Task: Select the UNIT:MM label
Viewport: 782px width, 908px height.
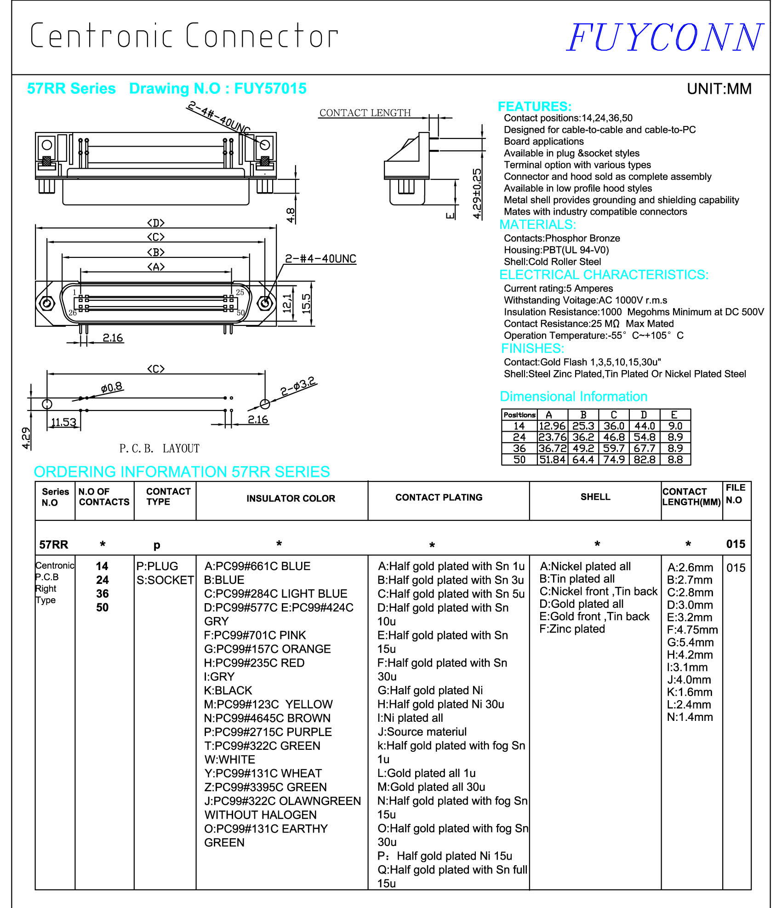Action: (719, 89)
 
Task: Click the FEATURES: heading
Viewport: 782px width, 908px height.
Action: (535, 106)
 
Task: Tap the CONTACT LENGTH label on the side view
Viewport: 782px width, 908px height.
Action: (365, 113)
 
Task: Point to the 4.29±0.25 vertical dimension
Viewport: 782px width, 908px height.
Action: (478, 193)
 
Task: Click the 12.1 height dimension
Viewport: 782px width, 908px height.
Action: (287, 303)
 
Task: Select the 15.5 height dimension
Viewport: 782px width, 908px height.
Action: (306, 303)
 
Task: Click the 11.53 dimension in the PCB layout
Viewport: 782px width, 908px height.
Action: (63, 422)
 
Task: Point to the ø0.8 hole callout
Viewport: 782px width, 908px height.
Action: (112, 387)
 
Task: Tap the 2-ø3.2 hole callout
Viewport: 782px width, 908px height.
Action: (298, 386)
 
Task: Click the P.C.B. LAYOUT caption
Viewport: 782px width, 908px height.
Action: (159, 448)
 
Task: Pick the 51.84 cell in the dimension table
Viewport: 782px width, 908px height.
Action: (552, 459)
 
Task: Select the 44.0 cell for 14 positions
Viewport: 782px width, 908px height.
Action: (645, 426)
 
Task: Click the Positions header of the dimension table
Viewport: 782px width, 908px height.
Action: (519, 415)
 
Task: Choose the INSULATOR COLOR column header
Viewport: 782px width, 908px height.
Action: (291, 498)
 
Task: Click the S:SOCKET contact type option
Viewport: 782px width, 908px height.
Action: (165, 580)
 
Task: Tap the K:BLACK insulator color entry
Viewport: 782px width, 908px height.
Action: (228, 691)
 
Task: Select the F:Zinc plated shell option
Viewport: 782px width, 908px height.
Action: (572, 629)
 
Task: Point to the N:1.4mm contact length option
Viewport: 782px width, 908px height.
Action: (690, 717)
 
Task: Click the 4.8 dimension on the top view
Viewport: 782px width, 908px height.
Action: (291, 215)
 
